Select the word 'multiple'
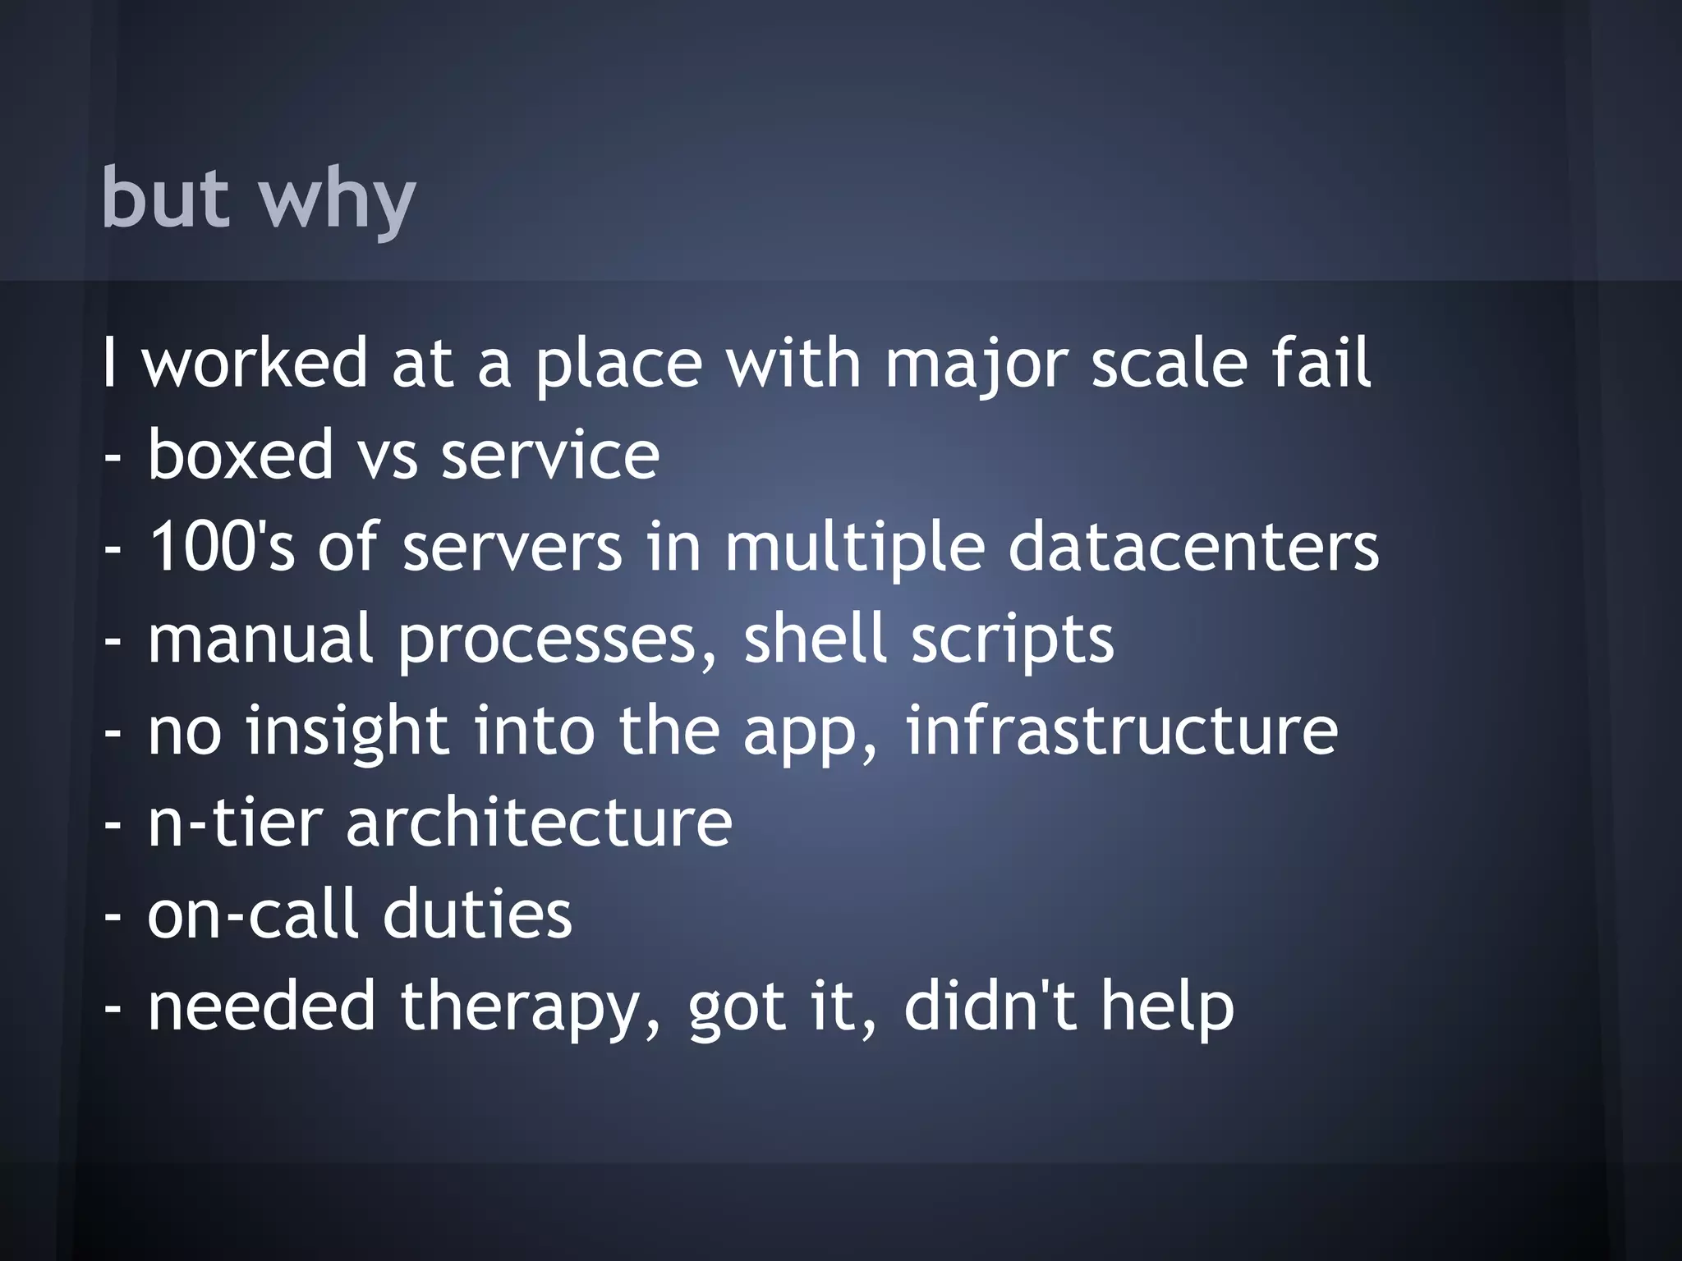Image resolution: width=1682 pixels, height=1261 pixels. click(854, 548)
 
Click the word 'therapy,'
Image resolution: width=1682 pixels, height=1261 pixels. click(531, 1007)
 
